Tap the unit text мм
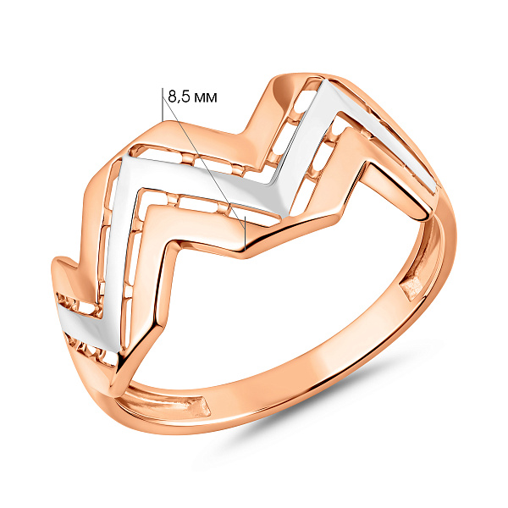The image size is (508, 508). pos(205,98)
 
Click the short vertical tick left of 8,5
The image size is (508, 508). pos(162,104)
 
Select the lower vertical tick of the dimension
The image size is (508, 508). pos(246,233)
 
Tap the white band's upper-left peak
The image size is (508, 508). pos(127,159)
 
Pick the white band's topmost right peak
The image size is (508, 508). pos(326,84)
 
